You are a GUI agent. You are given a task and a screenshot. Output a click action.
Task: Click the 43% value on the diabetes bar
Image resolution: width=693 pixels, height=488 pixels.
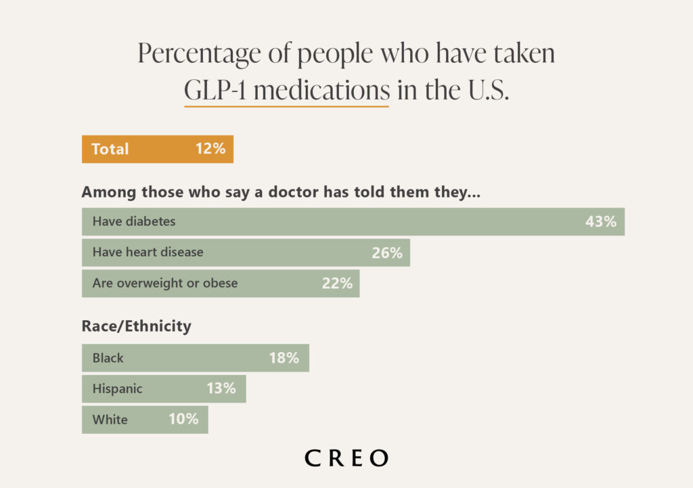600,222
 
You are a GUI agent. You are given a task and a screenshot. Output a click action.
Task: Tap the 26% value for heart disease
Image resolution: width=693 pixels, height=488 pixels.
386,253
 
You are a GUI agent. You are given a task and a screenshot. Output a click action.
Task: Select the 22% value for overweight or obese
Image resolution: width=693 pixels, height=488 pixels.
337,284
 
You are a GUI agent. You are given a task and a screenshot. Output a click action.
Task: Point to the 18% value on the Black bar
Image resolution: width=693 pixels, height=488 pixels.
284,358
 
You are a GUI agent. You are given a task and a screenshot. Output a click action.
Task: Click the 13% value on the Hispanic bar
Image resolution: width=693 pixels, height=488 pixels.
221,389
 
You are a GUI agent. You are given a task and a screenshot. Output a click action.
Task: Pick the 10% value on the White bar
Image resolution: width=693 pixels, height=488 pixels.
183,420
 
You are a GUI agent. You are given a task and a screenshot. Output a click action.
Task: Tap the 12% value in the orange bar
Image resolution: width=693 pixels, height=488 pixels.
210,149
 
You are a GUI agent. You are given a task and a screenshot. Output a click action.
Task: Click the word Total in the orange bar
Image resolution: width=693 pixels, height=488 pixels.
110,149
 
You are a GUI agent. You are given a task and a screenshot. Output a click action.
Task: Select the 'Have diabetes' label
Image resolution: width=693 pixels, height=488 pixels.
134,222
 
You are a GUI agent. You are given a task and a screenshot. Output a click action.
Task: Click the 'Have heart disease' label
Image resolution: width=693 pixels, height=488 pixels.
148,253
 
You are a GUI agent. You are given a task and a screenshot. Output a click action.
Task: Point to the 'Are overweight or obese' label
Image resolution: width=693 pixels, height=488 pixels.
165,284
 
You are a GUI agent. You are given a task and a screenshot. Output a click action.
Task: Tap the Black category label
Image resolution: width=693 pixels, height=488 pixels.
108,358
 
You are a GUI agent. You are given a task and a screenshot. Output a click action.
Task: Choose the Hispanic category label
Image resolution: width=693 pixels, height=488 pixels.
118,389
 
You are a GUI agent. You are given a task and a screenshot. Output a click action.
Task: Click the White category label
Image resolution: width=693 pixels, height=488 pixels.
110,420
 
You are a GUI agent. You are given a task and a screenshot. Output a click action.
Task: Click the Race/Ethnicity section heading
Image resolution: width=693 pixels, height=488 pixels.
136,326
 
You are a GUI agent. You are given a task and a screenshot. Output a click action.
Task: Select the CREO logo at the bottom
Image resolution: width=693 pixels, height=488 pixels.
346,458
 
